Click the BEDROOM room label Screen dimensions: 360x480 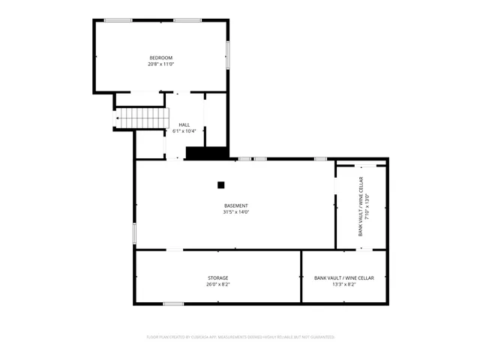pyautogui.click(x=161, y=58)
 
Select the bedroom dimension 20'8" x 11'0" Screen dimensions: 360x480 pyautogui.click(x=161, y=64)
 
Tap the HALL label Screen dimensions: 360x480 pyautogui.click(x=184, y=124)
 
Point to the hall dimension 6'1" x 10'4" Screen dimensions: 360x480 pyautogui.click(x=184, y=131)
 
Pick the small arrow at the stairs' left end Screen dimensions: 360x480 pyautogui.click(x=117, y=118)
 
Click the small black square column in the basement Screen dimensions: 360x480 pyautogui.click(x=220, y=184)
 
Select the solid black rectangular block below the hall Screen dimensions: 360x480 pyautogui.click(x=206, y=153)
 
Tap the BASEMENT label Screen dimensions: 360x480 pyautogui.click(x=235, y=205)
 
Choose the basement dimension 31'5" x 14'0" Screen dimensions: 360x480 pyautogui.click(x=235, y=212)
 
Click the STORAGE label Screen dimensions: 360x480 pyautogui.click(x=218, y=277)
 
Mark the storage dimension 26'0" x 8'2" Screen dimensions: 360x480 pyautogui.click(x=218, y=284)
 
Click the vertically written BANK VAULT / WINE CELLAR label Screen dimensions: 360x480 pyautogui.click(x=360, y=206)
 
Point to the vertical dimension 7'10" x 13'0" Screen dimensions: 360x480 pyautogui.click(x=367, y=206)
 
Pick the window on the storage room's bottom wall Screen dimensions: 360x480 pyautogui.click(x=173, y=304)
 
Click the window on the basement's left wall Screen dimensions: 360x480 pyautogui.click(x=134, y=233)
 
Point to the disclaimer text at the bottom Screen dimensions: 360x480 pyautogui.click(x=240, y=337)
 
